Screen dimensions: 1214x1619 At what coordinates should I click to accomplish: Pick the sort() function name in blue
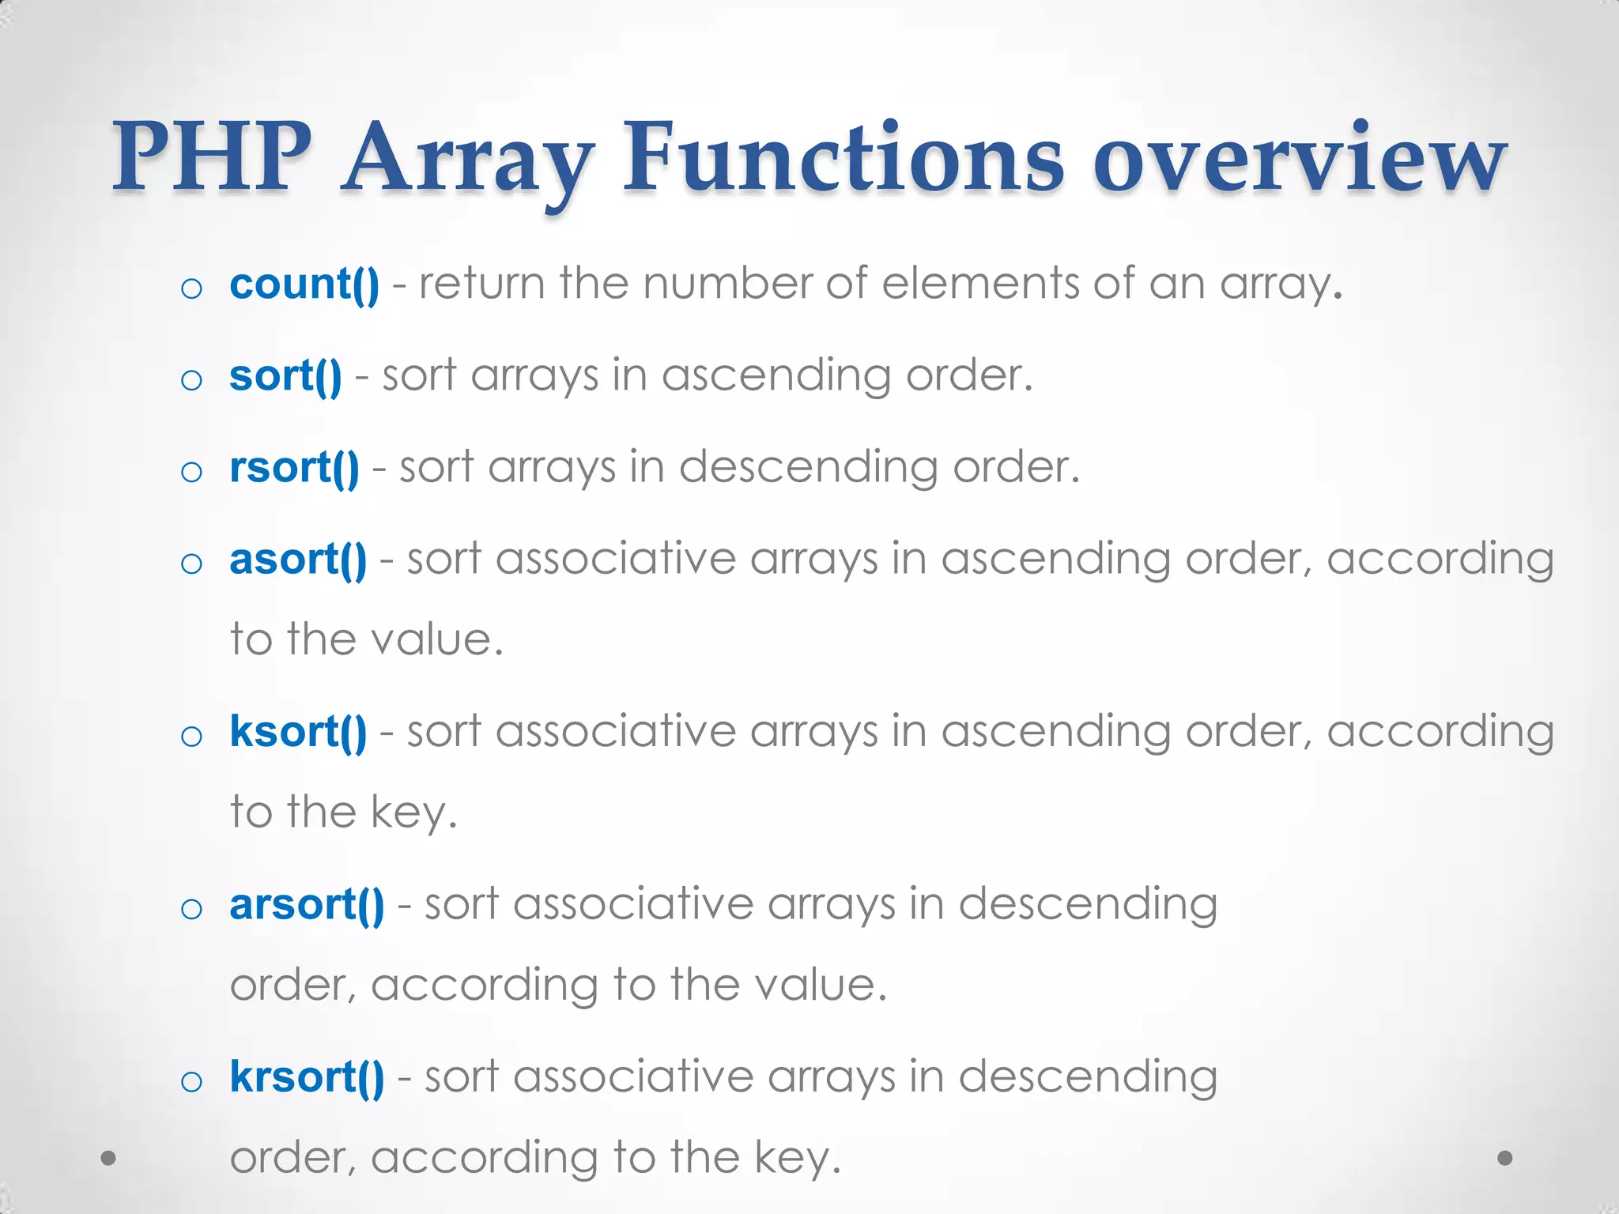tap(285, 376)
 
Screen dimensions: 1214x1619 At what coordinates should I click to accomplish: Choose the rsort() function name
tap(294, 468)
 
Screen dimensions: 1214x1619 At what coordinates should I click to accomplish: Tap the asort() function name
tap(298, 560)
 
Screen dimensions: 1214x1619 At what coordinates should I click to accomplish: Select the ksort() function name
tap(298, 733)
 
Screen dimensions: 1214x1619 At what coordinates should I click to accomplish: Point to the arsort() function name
tap(307, 905)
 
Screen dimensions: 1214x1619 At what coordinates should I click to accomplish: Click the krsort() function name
tap(307, 1077)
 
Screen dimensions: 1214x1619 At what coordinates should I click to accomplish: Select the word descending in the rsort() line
tap(808, 468)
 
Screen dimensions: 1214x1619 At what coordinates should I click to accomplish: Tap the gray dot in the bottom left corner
tap(109, 1159)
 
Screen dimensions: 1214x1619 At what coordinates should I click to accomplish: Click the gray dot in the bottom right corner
tap(1505, 1158)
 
